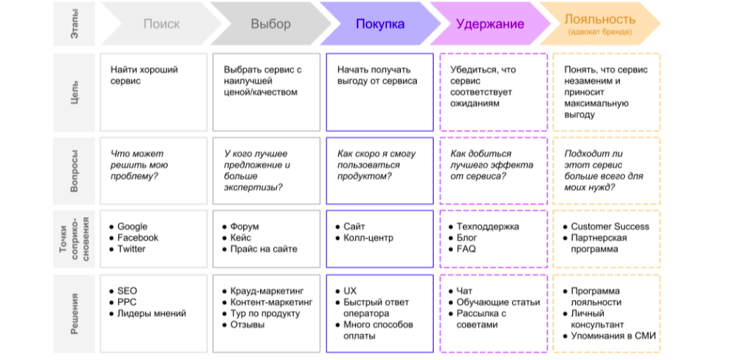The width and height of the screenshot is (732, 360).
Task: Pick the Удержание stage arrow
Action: [x=489, y=23]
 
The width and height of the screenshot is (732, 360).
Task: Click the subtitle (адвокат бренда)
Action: [x=600, y=32]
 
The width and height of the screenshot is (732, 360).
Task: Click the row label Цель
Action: [x=75, y=92]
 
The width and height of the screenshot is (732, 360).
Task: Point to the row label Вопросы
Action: [x=75, y=170]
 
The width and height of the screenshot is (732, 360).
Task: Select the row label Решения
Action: [x=75, y=313]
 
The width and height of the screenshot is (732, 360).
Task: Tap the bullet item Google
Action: [x=132, y=227]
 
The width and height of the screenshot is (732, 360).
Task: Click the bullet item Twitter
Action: [x=131, y=249]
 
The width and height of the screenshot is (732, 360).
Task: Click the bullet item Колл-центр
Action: [x=369, y=238]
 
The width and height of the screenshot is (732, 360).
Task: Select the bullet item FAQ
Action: [x=466, y=249]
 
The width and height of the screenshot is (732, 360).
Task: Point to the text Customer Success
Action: [x=610, y=227]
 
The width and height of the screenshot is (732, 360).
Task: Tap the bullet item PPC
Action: [x=127, y=302]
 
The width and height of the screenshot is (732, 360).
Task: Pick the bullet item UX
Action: [x=350, y=291]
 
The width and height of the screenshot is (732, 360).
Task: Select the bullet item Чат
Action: [x=465, y=291]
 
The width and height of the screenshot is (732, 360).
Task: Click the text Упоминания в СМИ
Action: [x=613, y=336]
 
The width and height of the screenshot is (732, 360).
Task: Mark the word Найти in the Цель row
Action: [x=122, y=70]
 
